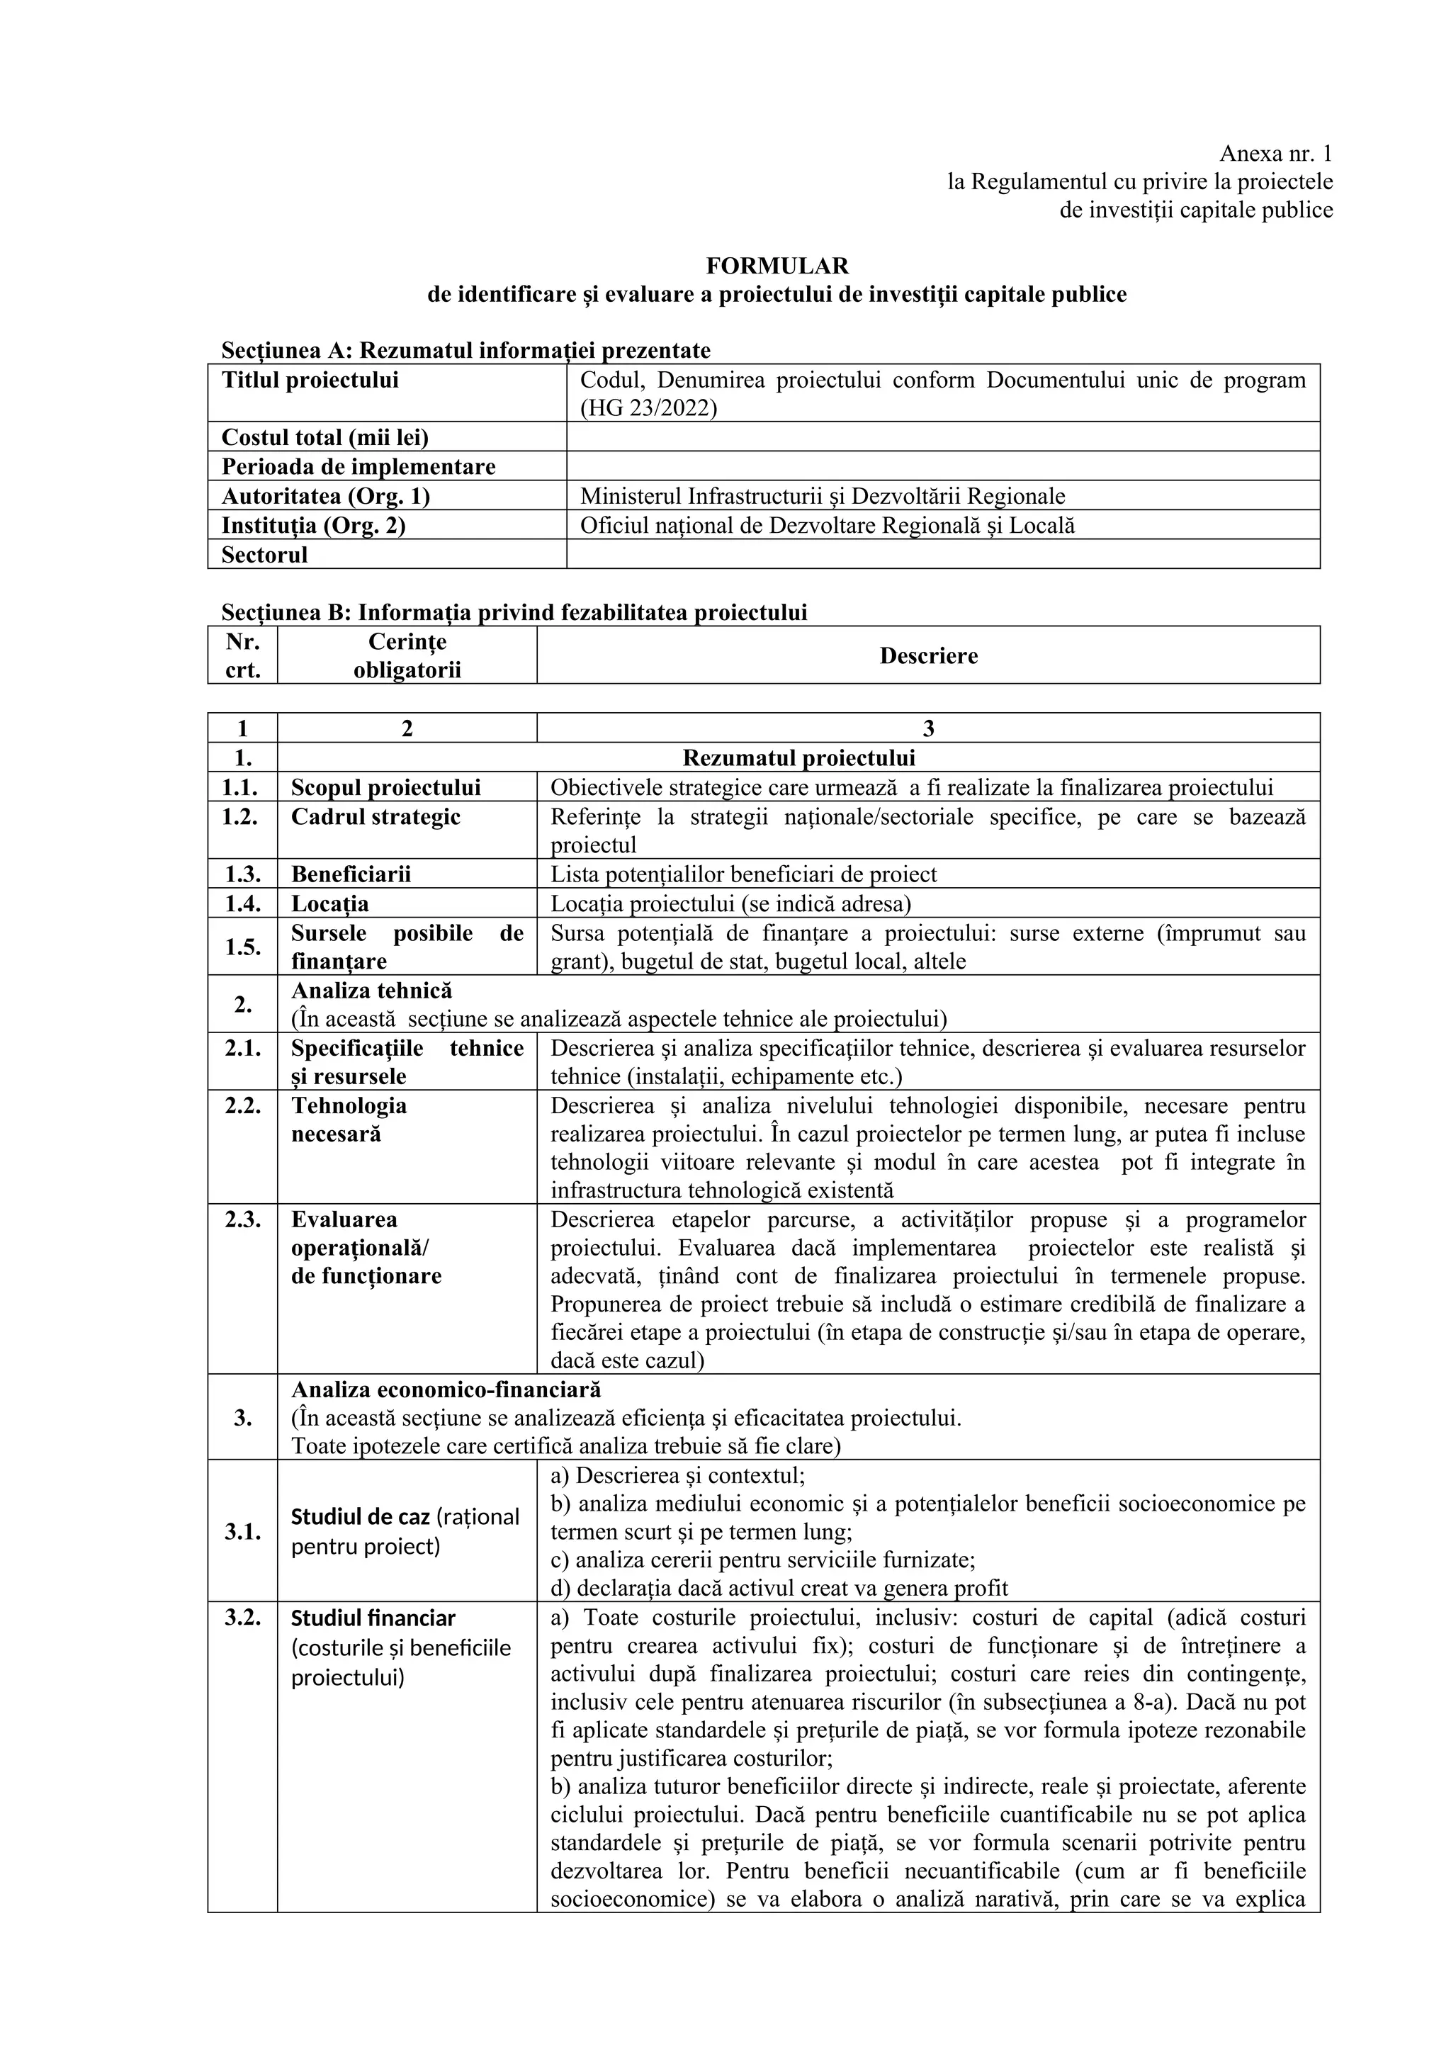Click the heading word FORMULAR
pos(777,266)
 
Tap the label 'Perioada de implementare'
pos(358,466)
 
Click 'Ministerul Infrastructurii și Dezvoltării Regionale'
pos(822,496)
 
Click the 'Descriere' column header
pos(928,655)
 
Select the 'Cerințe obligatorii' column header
pos(407,655)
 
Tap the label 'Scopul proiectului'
pos(385,787)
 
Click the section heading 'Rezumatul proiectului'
pos(798,758)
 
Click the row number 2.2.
pos(242,1105)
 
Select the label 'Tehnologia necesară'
pos(349,1120)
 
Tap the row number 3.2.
pos(242,1618)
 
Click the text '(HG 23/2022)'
pos(648,408)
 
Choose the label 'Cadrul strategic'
pos(376,817)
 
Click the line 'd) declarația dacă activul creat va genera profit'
pos(779,1588)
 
